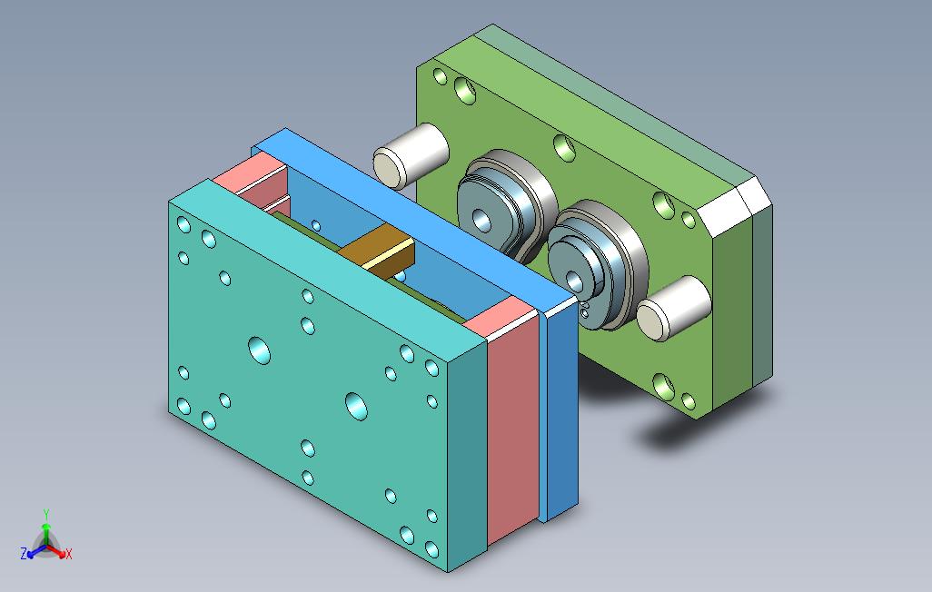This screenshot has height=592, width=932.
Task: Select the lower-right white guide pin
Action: (674, 308)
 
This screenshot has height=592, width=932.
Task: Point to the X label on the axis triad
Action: (68, 554)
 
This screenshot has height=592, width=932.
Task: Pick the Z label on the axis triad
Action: (24, 554)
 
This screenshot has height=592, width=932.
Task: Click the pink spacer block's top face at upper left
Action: (250, 172)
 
